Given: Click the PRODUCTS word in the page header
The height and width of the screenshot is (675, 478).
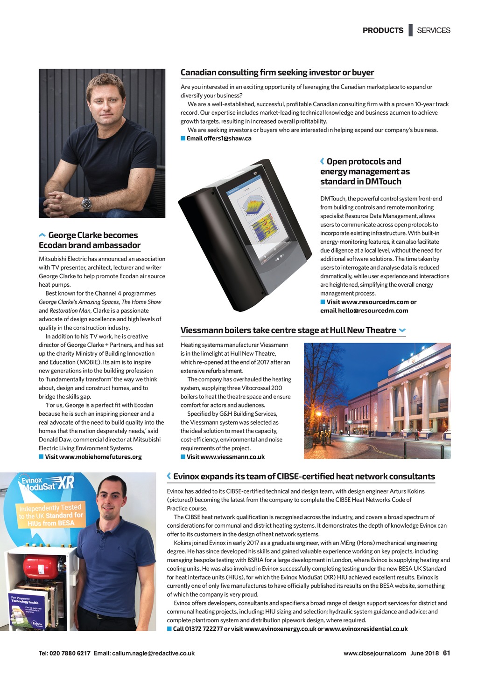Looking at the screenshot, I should [x=383, y=30].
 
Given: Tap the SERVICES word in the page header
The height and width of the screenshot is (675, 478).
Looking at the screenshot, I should [x=434, y=30].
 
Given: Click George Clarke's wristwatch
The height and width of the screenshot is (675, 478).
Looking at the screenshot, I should [x=86, y=203].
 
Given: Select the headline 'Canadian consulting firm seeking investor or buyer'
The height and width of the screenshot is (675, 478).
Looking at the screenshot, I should [x=277, y=72].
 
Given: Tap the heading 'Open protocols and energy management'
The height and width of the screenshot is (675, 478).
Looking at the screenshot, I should [x=365, y=172].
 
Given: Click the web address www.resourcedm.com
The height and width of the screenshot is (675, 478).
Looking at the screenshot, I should [x=375, y=302].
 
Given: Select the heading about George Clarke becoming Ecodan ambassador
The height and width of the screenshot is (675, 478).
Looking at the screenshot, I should [x=90, y=240].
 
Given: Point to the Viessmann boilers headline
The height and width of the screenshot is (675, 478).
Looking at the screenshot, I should [x=288, y=331].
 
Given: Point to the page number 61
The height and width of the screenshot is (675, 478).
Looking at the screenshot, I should [x=446, y=653].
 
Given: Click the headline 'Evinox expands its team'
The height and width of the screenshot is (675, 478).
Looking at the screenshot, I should [x=304, y=476].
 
